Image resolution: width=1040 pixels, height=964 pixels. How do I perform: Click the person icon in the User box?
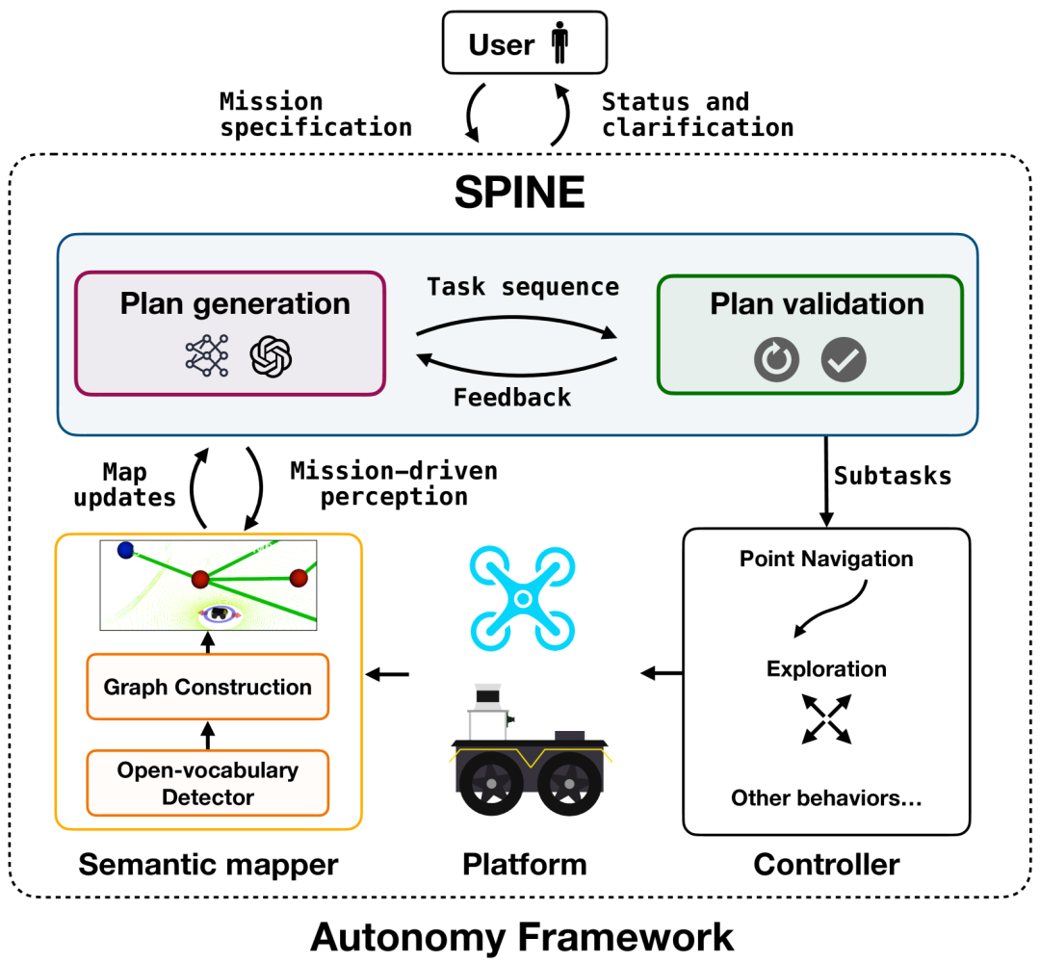tap(559, 42)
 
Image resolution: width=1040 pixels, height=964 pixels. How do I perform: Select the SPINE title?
tap(519, 193)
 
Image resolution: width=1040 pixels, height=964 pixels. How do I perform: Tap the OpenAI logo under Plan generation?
tap(271, 356)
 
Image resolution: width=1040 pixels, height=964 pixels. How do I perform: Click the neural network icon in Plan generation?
tap(207, 355)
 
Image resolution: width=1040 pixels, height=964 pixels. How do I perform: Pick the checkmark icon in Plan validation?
tap(844, 359)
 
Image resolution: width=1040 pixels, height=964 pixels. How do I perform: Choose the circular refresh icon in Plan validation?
tap(777, 359)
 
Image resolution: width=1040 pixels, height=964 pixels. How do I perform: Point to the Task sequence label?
tap(523, 287)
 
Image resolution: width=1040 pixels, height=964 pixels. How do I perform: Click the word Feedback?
tap(512, 398)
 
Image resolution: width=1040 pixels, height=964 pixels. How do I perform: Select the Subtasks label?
tap(892, 476)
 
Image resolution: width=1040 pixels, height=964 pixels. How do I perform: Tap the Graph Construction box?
tap(208, 687)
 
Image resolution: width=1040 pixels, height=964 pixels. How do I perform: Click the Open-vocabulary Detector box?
tap(208, 783)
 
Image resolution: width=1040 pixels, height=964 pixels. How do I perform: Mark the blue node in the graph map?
tap(125, 550)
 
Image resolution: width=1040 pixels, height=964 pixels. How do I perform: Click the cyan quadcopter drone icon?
tap(523, 598)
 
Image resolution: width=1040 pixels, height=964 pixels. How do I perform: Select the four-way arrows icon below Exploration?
tap(826, 719)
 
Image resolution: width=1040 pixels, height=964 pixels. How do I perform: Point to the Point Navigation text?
tap(826, 559)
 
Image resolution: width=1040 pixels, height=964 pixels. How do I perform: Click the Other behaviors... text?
tap(826, 797)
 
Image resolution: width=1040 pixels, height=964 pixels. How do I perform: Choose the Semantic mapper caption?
tap(208, 865)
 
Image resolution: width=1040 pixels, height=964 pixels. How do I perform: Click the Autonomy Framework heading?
tap(522, 937)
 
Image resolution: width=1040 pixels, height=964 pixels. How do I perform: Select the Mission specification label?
tap(316, 114)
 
